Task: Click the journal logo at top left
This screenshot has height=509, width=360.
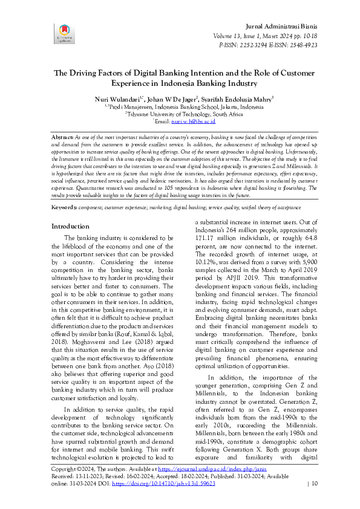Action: (64, 34)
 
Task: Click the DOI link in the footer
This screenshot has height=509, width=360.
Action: (163, 483)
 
